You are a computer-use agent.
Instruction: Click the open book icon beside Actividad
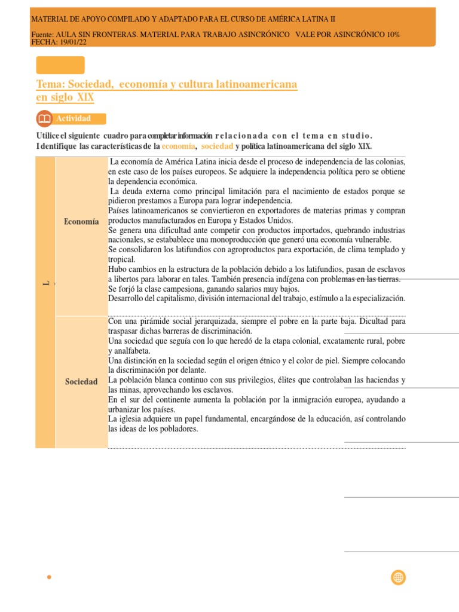[x=44, y=118]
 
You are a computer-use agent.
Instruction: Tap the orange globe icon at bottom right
[x=398, y=577]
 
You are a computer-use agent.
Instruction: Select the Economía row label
[x=81, y=222]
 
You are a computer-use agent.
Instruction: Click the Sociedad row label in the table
[x=81, y=382]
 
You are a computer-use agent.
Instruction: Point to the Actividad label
[x=74, y=118]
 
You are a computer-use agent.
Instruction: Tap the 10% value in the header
[x=393, y=35]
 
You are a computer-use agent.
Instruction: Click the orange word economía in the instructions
[x=179, y=146]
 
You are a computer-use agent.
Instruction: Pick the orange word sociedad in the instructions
[x=217, y=146]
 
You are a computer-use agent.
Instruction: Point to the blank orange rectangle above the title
[x=60, y=65]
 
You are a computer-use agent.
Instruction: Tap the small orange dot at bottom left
[x=49, y=577]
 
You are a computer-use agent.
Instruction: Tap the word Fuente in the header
[x=42, y=35]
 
